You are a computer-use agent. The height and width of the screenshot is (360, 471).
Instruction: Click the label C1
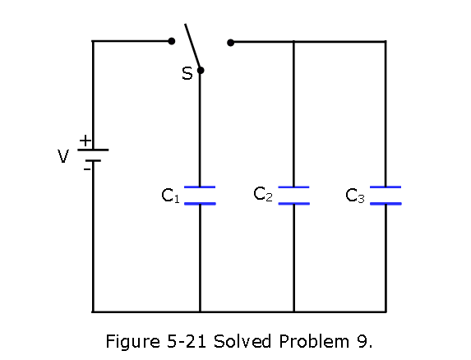[x=170, y=196]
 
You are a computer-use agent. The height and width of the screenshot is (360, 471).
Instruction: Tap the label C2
[x=263, y=194]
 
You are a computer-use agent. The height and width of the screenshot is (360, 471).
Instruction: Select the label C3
[x=355, y=196]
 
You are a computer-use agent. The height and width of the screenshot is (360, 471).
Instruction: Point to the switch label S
[x=187, y=73]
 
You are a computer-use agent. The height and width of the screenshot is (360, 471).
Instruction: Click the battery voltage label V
[x=63, y=156]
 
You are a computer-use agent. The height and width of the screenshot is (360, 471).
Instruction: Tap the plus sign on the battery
[x=85, y=141]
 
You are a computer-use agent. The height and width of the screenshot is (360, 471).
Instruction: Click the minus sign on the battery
[x=87, y=169]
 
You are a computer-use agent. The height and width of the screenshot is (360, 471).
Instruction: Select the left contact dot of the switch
[x=172, y=41]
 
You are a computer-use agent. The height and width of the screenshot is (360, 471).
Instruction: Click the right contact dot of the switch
[x=230, y=43]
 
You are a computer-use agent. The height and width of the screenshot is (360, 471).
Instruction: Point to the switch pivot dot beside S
[x=201, y=71]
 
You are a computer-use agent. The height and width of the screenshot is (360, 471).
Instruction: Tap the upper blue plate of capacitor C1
[x=200, y=187]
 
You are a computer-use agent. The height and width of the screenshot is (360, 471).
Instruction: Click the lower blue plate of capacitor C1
[x=200, y=204]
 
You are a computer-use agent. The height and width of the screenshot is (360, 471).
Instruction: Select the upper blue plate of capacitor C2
[x=293, y=187]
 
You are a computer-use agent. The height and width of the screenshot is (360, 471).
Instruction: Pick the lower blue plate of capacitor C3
[x=386, y=204]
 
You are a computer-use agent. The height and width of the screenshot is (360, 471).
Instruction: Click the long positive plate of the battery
[x=93, y=150]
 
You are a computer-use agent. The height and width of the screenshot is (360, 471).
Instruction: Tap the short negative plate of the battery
[x=93, y=161]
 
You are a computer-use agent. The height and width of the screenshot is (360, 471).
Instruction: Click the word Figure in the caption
[x=133, y=342]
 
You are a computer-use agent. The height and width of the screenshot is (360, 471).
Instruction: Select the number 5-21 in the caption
[x=187, y=341]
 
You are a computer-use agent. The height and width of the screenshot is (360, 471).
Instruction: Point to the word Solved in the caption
[x=242, y=341]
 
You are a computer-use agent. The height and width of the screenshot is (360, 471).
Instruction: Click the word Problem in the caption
[x=314, y=341]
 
